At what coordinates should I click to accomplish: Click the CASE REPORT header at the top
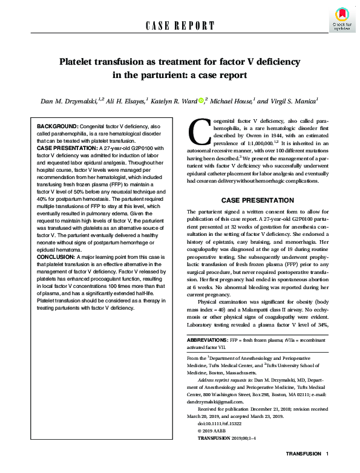[180, 25]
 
